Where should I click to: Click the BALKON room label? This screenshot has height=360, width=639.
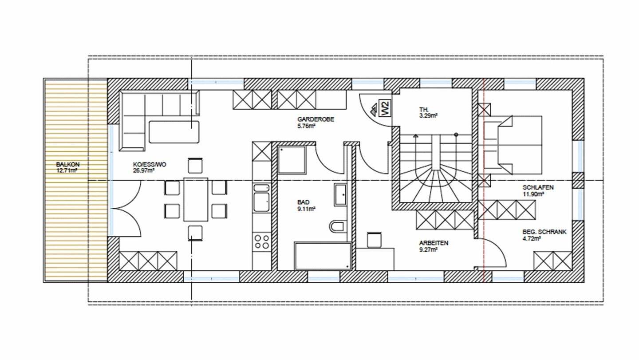[67, 165]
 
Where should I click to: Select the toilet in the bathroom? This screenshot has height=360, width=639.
[337, 226]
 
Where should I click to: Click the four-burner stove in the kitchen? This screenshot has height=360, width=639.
[262, 241]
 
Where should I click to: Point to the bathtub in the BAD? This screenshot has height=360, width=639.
[323, 256]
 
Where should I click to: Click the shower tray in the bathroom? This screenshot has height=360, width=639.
[292, 160]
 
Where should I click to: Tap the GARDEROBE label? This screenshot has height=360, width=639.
[316, 119]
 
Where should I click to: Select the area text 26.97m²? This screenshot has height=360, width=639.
[144, 170]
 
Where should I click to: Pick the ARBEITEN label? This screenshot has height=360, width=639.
[434, 243]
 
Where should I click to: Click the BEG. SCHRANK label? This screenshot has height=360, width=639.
[544, 232]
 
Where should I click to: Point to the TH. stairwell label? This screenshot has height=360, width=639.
[424, 109]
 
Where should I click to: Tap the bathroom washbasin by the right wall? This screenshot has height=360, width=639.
[340, 195]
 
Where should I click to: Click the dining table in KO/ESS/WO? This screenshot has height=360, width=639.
[196, 199]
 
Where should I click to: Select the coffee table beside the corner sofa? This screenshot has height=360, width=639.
[174, 132]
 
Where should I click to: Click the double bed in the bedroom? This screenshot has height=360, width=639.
[510, 145]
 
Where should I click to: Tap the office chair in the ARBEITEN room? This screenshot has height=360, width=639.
[374, 240]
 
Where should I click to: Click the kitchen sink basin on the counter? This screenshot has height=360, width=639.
[261, 202]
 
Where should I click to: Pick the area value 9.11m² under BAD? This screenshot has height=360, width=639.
[306, 209]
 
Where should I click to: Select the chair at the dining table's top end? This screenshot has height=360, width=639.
[195, 165]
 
